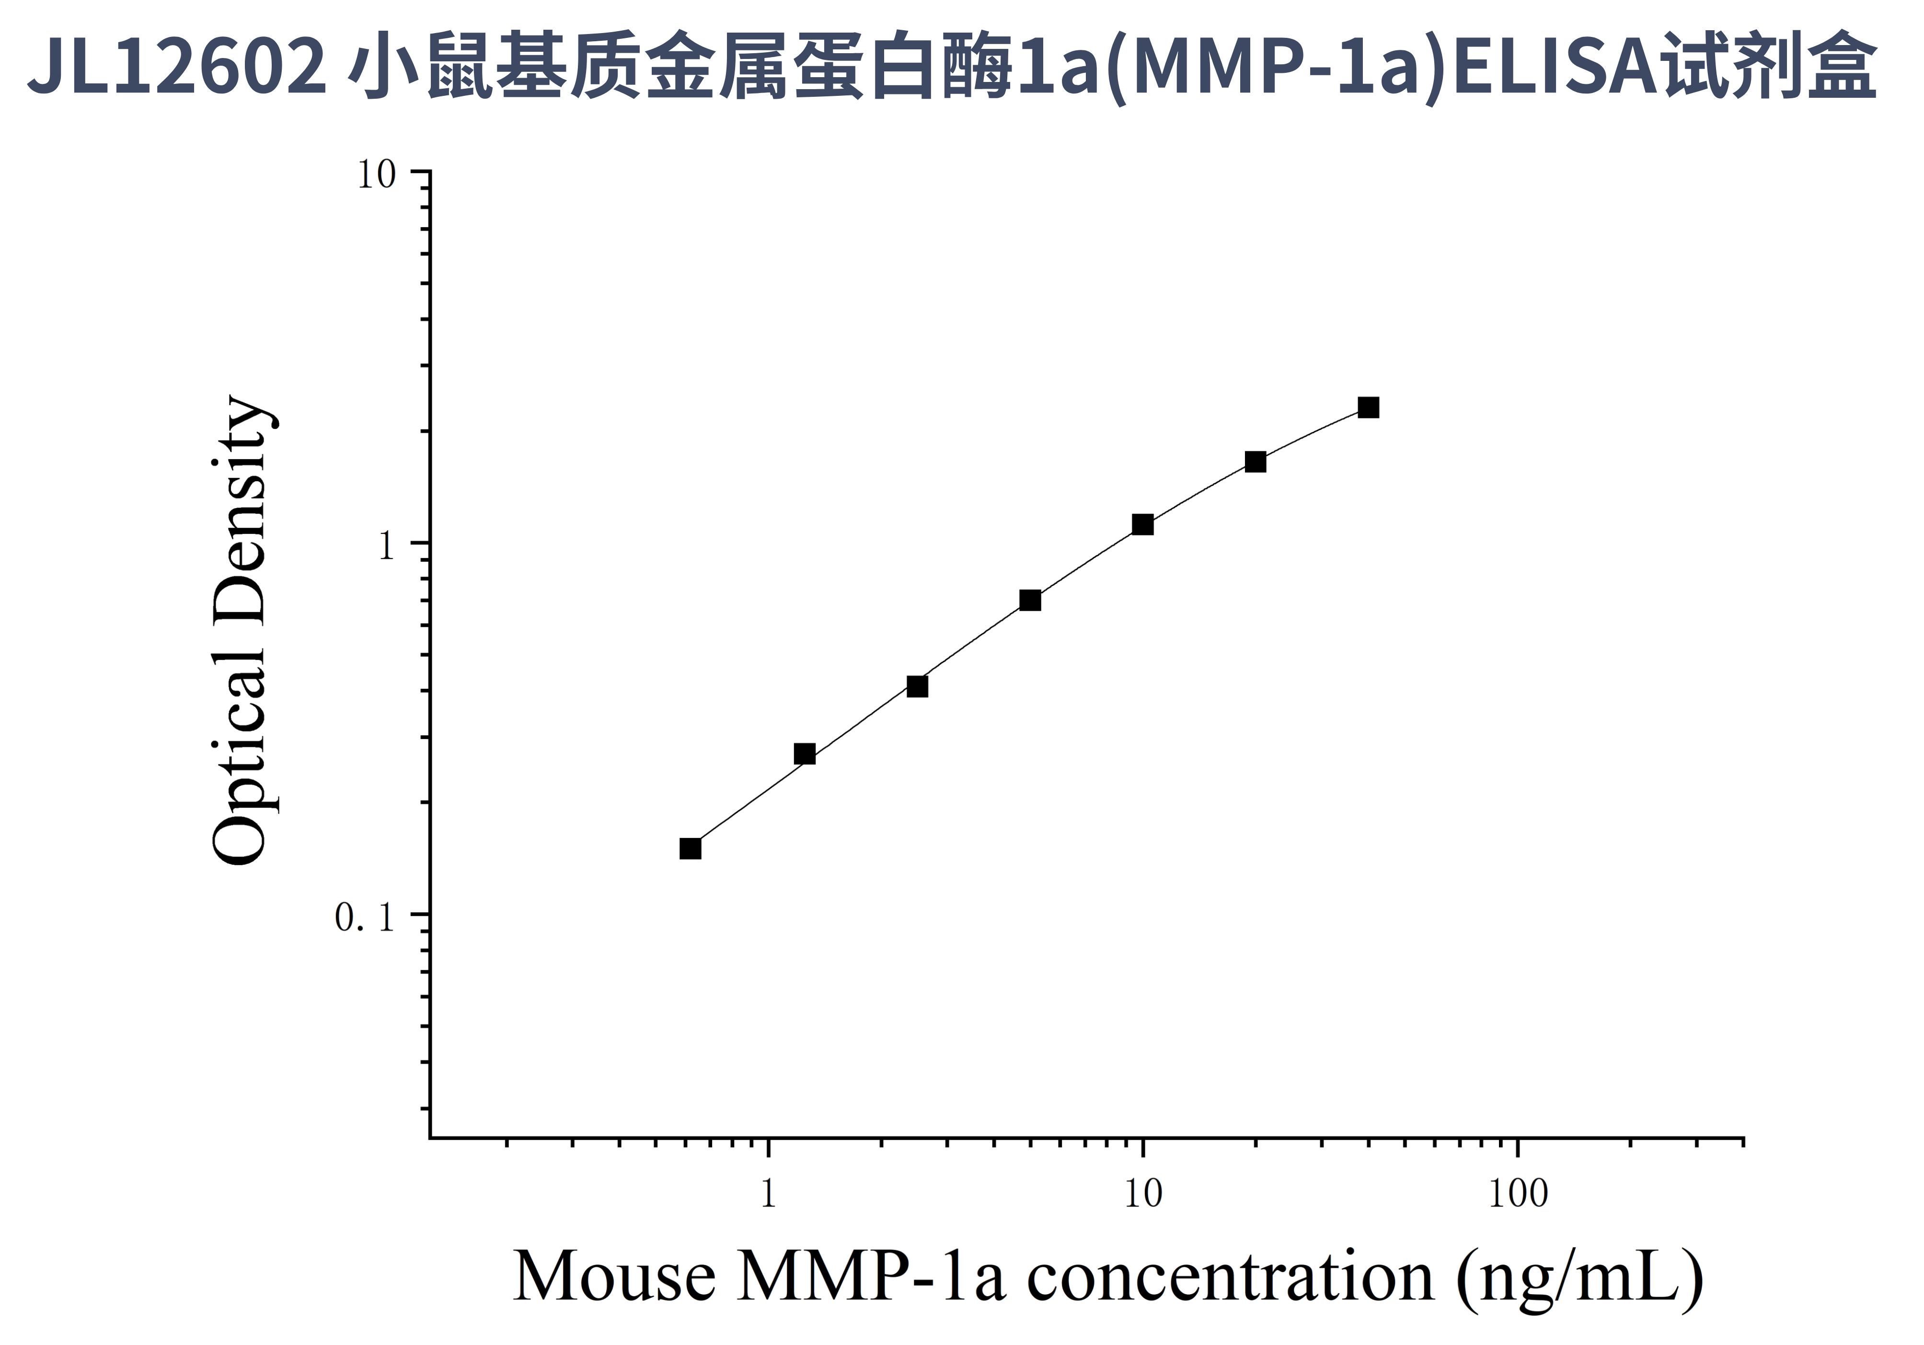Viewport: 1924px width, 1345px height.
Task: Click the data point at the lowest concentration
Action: [690, 849]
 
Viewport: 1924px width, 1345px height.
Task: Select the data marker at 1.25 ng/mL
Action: [805, 754]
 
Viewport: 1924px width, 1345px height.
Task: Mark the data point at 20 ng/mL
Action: [1256, 462]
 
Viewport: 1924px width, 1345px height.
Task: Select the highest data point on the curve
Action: [1369, 408]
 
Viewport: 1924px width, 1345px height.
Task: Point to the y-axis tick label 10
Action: [376, 176]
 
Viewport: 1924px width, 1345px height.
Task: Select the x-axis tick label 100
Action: [1518, 1194]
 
